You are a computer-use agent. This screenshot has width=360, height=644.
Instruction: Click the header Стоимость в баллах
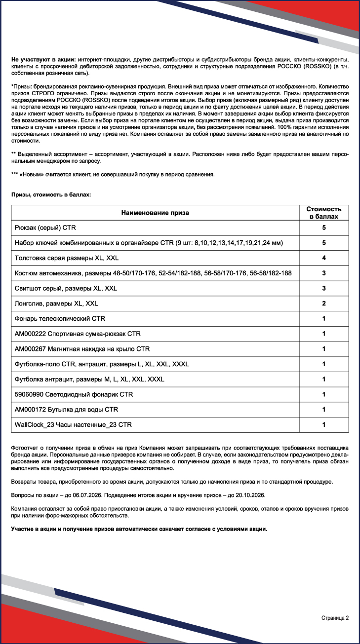(323, 213)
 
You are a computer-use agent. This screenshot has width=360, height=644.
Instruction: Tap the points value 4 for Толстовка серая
(323, 258)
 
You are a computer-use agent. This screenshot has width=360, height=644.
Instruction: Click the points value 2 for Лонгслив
(323, 303)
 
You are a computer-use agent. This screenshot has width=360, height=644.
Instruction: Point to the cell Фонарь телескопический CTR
(60, 319)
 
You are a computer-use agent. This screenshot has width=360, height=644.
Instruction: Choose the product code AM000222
(30, 334)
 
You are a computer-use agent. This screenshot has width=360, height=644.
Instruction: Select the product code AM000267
(30, 349)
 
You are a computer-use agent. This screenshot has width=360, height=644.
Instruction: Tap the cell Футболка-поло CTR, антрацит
(102, 364)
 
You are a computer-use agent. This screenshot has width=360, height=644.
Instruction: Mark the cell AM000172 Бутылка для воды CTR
(67, 410)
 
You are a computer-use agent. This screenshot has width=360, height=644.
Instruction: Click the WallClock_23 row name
(73, 425)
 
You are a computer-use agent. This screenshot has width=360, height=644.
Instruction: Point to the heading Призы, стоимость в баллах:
(51, 195)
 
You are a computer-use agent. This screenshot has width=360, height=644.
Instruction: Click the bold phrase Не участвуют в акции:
(43, 60)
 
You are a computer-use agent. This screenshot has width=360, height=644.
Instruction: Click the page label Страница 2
(335, 618)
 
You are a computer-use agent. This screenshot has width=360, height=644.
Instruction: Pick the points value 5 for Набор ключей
(323, 243)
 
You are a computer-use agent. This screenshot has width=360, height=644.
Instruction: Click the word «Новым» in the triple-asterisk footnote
(33, 175)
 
